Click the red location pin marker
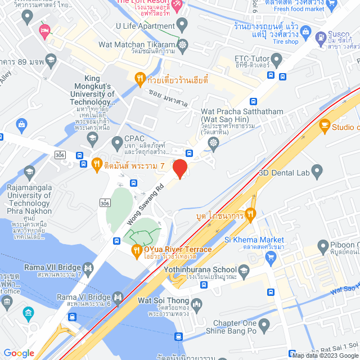[x=179, y=168]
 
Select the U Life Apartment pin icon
[x=182, y=25]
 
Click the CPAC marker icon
[x=117, y=141]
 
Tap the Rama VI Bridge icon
[x=117, y=296]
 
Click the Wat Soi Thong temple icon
[x=196, y=305]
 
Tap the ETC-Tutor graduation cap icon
[x=276, y=58]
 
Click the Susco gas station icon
[x=321, y=38]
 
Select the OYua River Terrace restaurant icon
[x=136, y=250]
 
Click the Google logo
[x=19, y=353]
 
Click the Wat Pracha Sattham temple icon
[x=213, y=143]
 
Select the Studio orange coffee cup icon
[x=324, y=127]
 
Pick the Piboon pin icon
[x=323, y=245]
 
